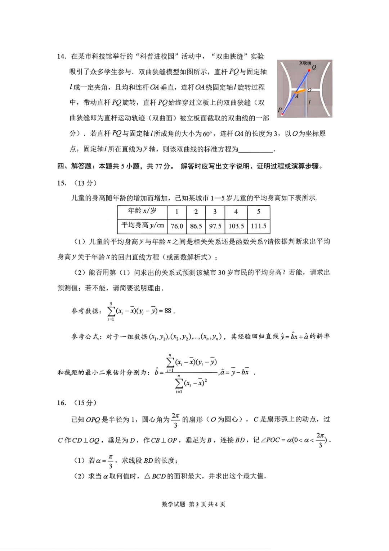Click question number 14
pos(62,57)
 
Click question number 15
pos(62,183)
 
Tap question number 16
pos(62,403)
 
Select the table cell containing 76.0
pos(177,226)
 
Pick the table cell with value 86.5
pos(196,226)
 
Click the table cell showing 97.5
pos(215,226)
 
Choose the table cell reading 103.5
pos(236,226)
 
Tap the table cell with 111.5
pos(259,226)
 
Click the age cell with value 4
pos(236,212)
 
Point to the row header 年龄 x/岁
pos(142,211)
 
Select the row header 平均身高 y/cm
pos(143,226)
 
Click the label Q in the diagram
pos(314,67)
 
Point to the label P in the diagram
pos(280,110)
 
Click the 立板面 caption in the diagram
pos(305,63)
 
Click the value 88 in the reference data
pos(168,311)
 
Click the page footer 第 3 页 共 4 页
pos(207,504)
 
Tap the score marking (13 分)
pos(85,183)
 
